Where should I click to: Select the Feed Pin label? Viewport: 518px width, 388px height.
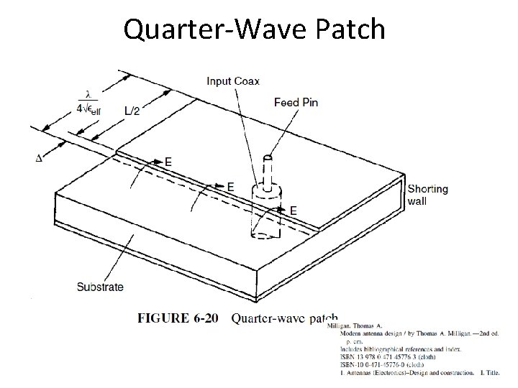click(x=296, y=103)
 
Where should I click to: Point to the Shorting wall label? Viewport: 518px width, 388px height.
click(x=427, y=195)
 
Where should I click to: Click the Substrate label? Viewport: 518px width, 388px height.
click(x=100, y=287)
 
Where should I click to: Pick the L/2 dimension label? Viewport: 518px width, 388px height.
click(x=132, y=111)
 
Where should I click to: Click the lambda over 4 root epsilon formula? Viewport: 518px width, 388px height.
click(x=91, y=105)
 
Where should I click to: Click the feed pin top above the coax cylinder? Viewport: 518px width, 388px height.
click(x=268, y=159)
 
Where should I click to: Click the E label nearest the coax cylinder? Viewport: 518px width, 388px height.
click(x=292, y=211)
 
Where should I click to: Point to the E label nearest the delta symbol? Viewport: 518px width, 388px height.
click(x=168, y=162)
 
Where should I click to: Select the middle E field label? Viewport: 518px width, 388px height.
click(x=230, y=187)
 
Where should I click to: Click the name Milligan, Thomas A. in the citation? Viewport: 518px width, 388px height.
click(x=356, y=325)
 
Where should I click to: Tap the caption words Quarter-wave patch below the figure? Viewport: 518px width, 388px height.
click(x=284, y=319)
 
